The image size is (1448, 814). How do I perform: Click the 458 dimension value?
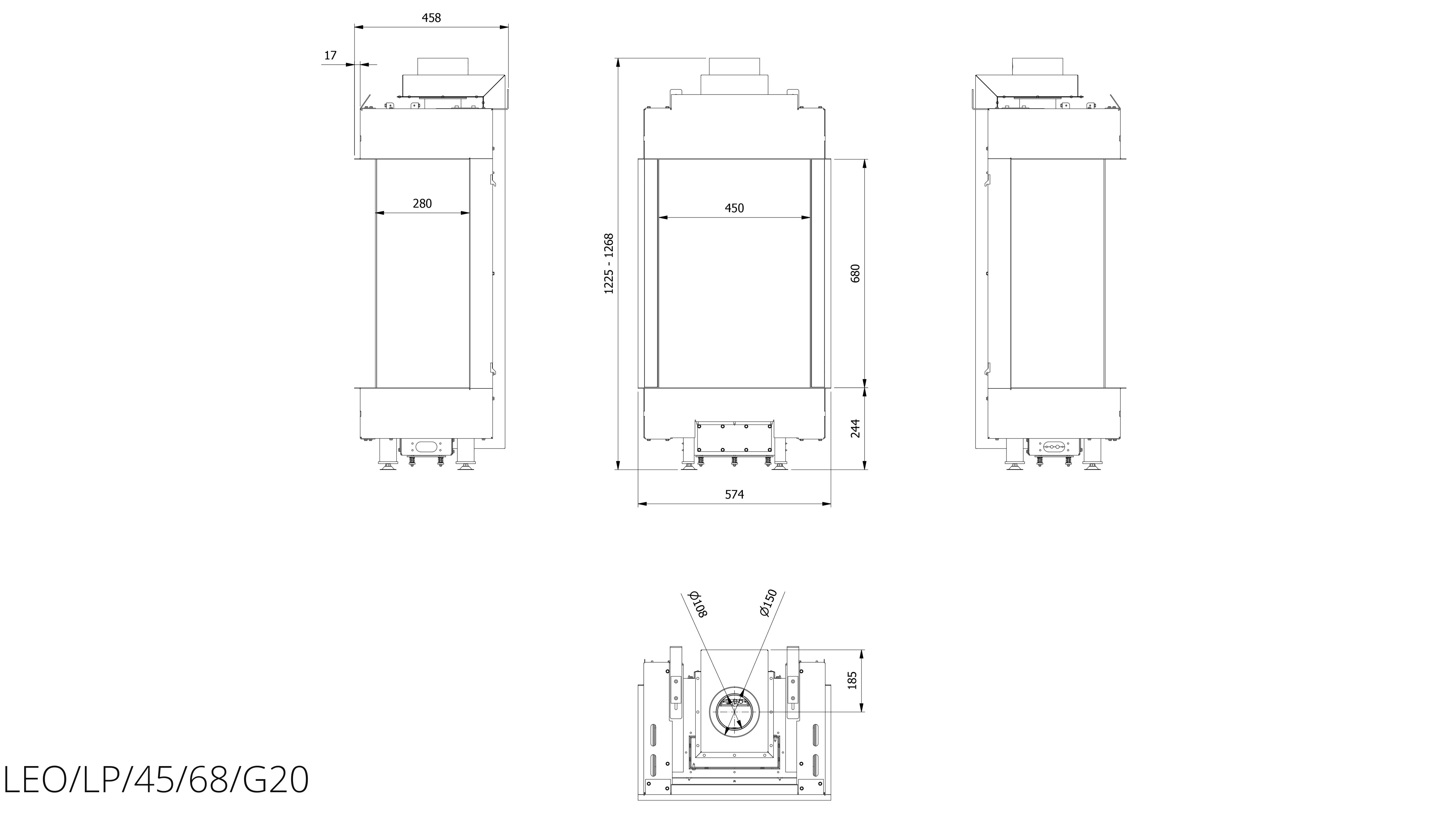tap(431, 17)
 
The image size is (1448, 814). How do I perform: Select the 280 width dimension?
tap(422, 203)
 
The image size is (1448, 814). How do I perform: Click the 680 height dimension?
tap(856, 273)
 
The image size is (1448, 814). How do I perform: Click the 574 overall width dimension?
tap(734, 494)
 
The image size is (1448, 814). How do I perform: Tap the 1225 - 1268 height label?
tap(609, 263)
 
